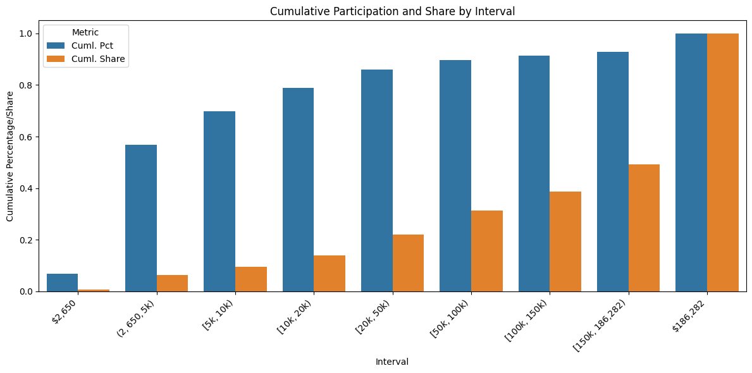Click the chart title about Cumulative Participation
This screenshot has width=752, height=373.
pyautogui.click(x=391, y=11)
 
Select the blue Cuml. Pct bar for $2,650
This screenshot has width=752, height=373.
pyautogui.click(x=62, y=283)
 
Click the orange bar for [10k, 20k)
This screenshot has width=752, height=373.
pyautogui.click(x=330, y=273)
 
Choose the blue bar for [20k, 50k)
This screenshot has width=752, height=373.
pyautogui.click(x=377, y=180)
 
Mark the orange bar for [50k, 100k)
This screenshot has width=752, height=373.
pyautogui.click(x=487, y=251)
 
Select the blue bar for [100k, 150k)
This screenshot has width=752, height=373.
pyautogui.click(x=534, y=173)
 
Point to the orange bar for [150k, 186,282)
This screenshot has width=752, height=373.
pyautogui.click(x=644, y=228)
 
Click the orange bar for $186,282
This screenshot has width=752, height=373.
pyautogui.click(x=722, y=162)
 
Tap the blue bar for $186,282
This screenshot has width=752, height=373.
pyautogui.click(x=691, y=162)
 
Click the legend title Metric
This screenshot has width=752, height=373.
pyautogui.click(x=85, y=32)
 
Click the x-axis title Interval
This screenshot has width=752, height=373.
pyautogui.click(x=391, y=362)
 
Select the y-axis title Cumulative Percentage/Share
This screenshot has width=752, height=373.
pyautogui.click(x=10, y=156)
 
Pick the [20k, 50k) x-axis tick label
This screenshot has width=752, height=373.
pyautogui.click(x=374, y=314)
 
